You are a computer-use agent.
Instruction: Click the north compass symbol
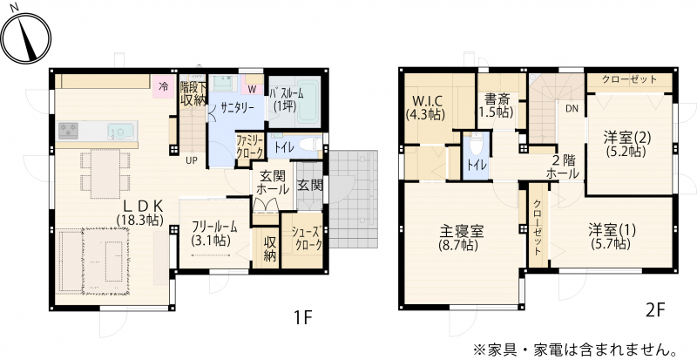click(x=25, y=37)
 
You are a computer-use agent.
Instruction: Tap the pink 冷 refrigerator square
click(x=164, y=87)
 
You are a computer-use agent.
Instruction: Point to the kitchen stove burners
click(x=69, y=131)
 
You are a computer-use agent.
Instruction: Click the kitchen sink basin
click(x=120, y=132)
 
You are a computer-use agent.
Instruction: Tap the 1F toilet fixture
click(x=309, y=145)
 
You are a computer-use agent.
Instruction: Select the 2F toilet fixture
click(x=475, y=142)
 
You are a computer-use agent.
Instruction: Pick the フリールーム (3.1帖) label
click(x=214, y=233)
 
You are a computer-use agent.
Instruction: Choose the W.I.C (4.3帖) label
click(x=425, y=107)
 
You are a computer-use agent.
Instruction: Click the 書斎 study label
click(x=497, y=98)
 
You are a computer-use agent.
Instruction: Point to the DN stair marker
click(x=572, y=108)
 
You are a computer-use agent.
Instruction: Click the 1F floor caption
click(x=303, y=318)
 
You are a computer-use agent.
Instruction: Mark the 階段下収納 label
click(x=193, y=93)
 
